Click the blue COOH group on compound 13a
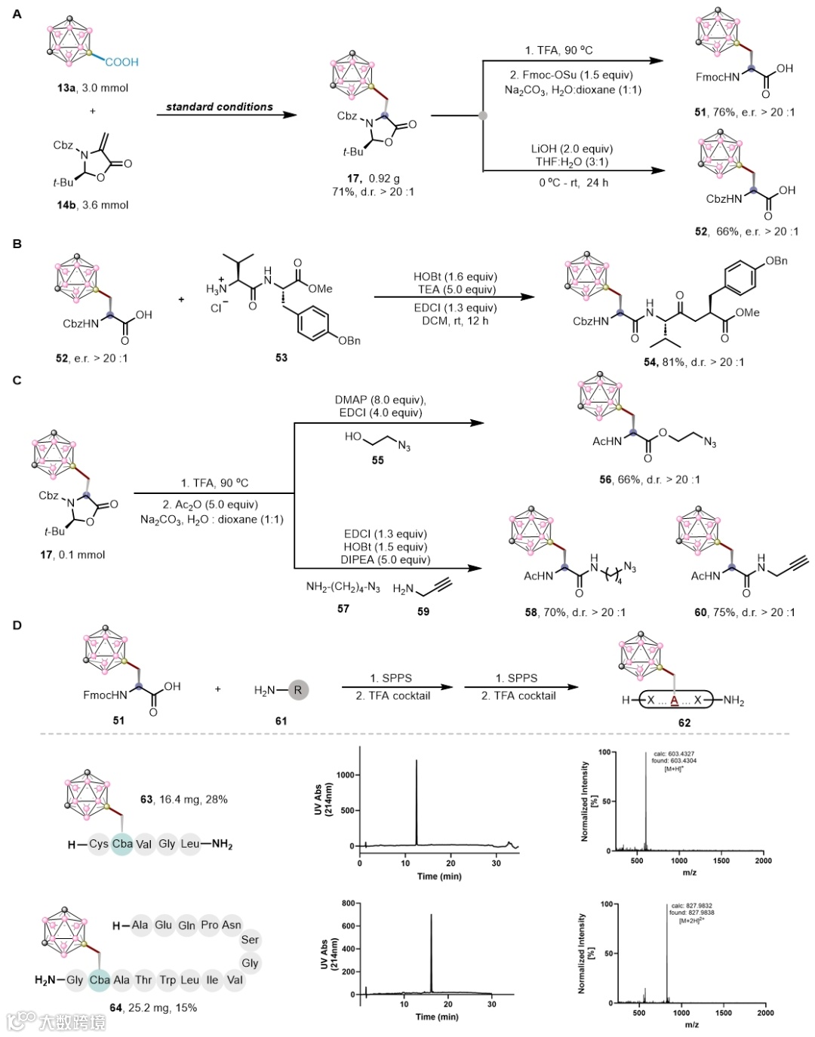pos(121,62)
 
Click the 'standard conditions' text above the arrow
pos(220,107)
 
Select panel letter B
pos(17,244)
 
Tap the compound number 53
pos(281,357)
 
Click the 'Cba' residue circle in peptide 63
pos(121,844)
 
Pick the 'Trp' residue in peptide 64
pos(168,980)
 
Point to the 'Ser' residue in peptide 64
pos(250,940)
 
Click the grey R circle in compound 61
pos(298,689)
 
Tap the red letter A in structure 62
pos(674,700)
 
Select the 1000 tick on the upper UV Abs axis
pos(346,775)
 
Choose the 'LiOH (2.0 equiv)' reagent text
pos(571,149)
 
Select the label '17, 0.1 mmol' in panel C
pos(72,554)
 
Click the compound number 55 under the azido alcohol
pos(377,460)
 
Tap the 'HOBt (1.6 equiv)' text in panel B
pos(455,277)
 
